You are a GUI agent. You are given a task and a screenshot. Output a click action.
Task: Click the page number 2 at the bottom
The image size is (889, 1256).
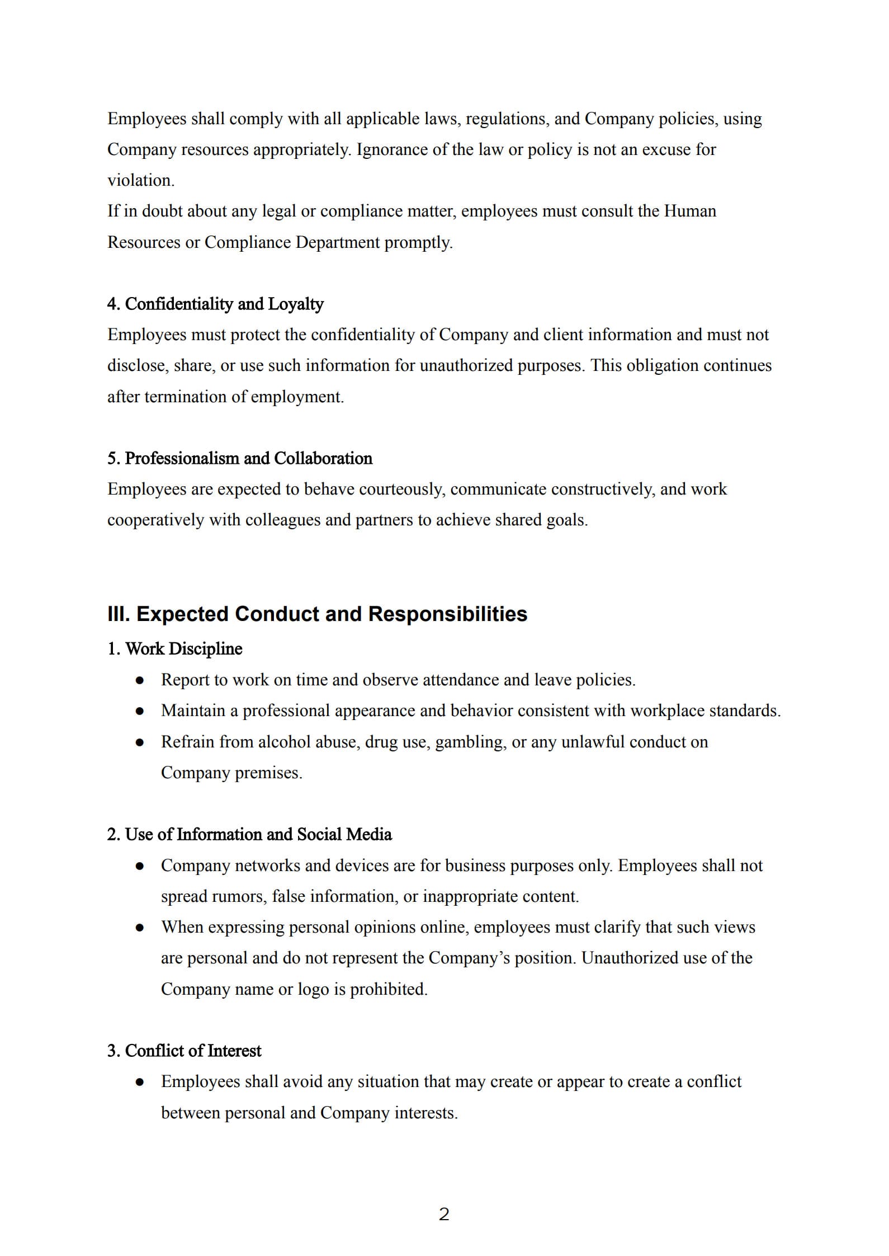[x=444, y=1215]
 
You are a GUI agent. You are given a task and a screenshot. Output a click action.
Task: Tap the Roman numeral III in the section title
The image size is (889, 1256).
[x=119, y=614]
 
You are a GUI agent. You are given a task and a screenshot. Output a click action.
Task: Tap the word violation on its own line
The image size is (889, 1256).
[x=140, y=181]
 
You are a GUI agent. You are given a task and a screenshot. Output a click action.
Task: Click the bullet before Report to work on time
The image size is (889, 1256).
[x=140, y=680]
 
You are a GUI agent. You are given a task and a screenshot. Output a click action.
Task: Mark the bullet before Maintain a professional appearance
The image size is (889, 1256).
[x=140, y=711]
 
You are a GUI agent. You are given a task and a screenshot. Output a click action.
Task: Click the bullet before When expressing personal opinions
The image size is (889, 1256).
[x=140, y=928]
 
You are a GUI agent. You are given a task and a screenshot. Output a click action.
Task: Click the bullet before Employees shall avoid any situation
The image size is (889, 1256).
[x=140, y=1082]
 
